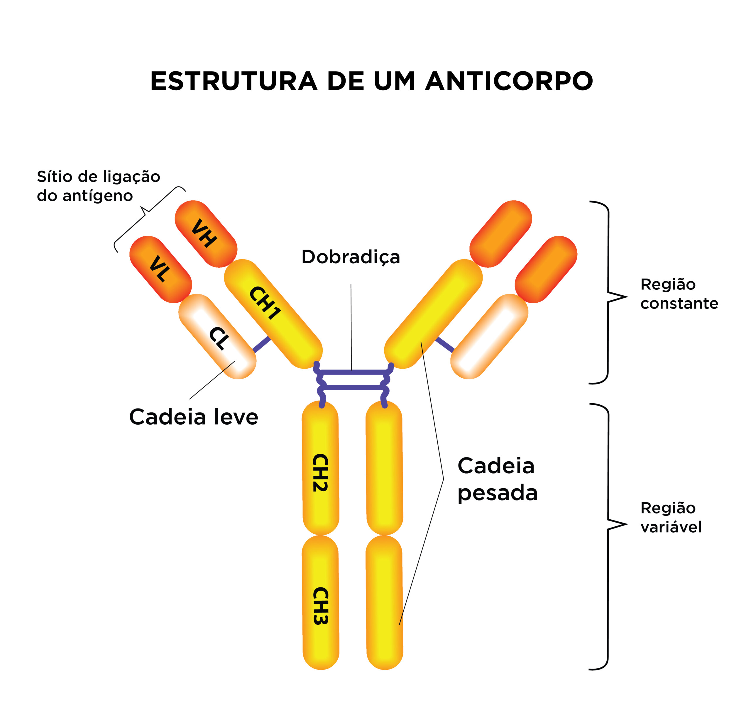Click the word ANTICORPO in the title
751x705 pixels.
coord(509,81)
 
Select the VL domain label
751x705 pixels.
coord(159,269)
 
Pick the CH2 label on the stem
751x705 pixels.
coord(320,473)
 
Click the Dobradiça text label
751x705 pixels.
coord(351,257)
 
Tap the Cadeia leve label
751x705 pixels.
coord(193,417)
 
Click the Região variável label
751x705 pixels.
coord(671,517)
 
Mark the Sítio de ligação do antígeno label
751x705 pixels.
coord(98,186)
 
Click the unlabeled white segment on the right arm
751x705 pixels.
coord(489,336)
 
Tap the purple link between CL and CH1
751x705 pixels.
coord(261,344)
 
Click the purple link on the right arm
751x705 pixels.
coord(445,344)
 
